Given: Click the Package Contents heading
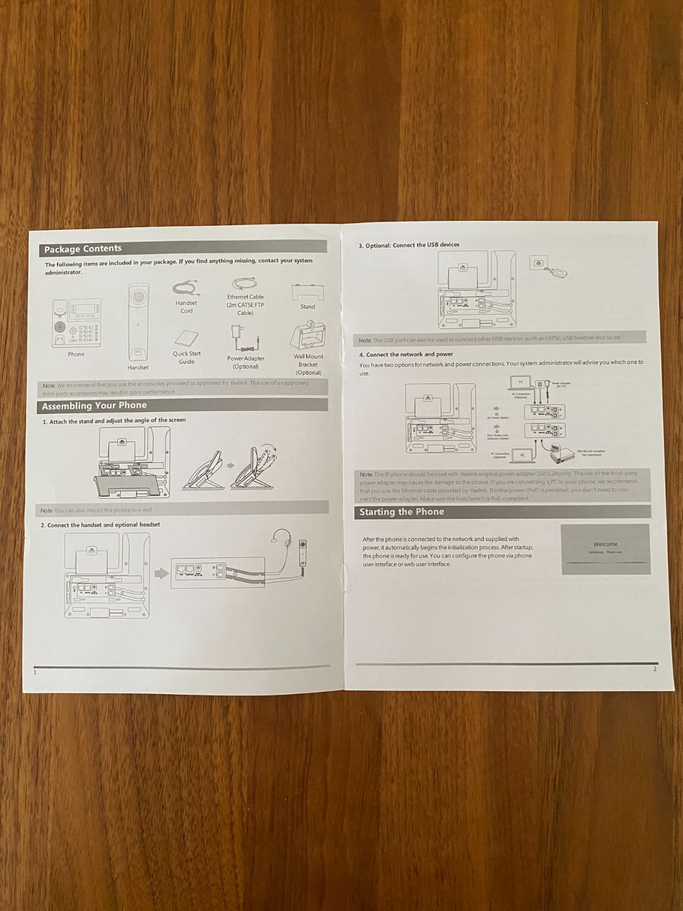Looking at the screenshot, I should [83, 249].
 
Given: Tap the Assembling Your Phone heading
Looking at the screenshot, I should [94, 406].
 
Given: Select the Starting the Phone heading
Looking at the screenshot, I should [402, 512].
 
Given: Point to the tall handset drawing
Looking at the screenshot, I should [138, 322].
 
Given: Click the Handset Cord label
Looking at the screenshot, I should [186, 307].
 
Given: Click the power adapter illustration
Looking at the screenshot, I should [244, 338].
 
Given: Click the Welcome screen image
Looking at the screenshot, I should [605, 549].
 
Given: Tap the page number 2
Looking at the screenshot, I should [655, 669].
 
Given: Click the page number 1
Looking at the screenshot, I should [35, 672].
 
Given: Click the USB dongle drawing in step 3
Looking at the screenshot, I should [556, 272].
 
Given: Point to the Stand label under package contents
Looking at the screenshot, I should [307, 306].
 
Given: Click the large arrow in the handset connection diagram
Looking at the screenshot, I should [162, 572].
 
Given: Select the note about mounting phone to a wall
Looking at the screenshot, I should [97, 510].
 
